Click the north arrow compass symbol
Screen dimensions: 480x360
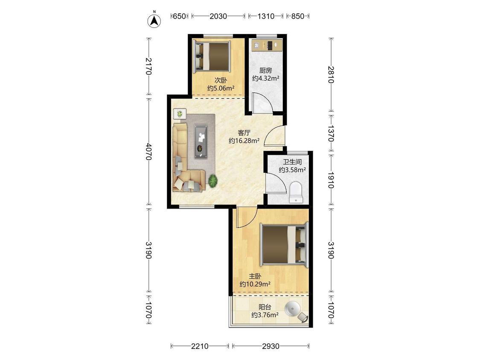tap(154, 20)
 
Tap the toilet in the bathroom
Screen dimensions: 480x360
tap(296, 192)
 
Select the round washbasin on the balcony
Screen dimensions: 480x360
tap(292, 309)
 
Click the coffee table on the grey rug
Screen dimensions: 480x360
tap(201, 141)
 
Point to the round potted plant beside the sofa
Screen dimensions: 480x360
tap(213, 180)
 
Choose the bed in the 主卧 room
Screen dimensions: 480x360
tap(284, 245)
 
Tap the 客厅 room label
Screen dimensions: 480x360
tap(244, 133)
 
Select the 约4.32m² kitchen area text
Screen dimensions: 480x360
tap(265, 78)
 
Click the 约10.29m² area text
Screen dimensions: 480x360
tap(255, 284)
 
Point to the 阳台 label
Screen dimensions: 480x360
tap(265, 307)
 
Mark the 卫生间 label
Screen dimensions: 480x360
tap(292, 162)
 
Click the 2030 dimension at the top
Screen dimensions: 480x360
tap(218, 16)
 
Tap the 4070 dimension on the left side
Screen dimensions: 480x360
tap(149, 151)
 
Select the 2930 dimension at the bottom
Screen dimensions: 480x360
tap(271, 346)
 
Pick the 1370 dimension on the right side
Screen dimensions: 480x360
tap(331, 133)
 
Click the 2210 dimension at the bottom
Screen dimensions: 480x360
tap(200, 346)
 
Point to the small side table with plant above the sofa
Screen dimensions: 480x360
tap(180, 114)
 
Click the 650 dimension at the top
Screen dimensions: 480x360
tap(179, 16)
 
